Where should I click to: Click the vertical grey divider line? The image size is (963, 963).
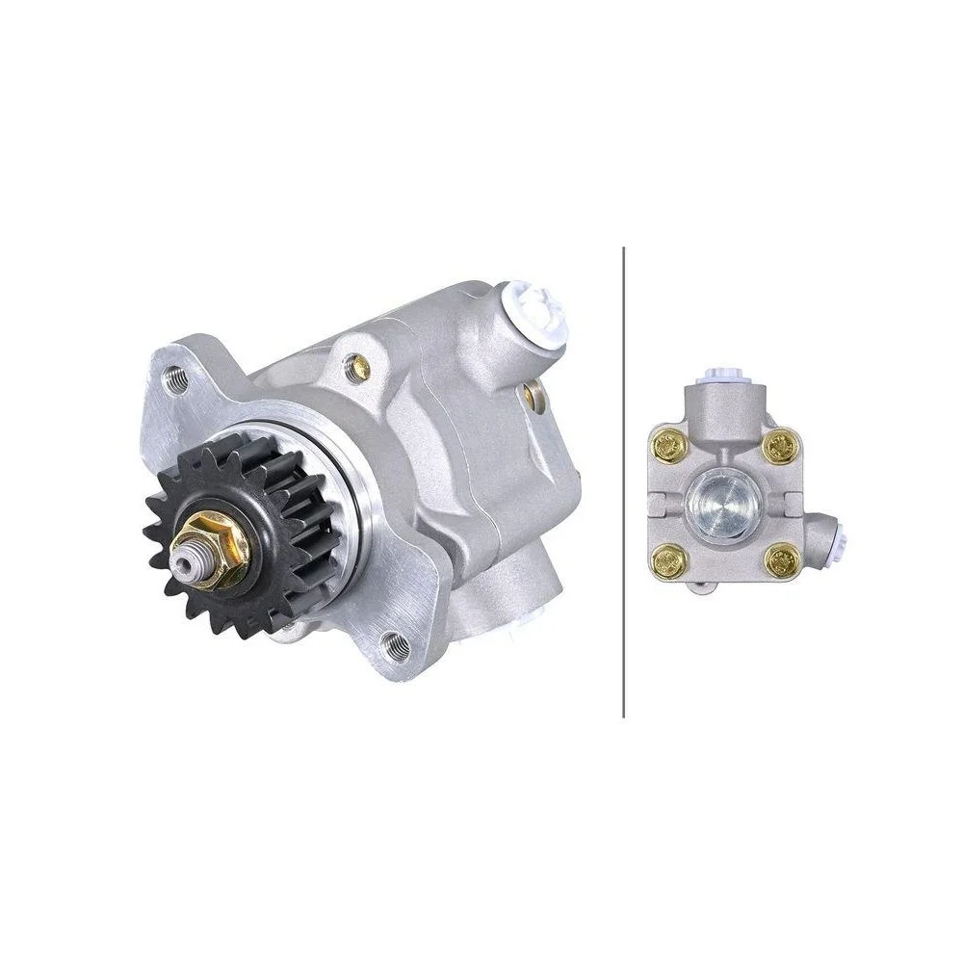click(x=624, y=481)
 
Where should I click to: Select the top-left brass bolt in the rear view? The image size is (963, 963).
click(x=667, y=445)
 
